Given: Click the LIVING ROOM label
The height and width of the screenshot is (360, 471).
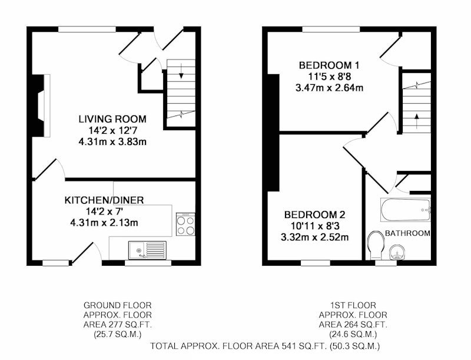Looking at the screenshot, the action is (112, 119).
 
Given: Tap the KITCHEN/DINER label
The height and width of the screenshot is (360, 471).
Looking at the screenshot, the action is (104, 200).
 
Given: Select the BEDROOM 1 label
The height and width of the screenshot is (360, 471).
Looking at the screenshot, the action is (329, 65).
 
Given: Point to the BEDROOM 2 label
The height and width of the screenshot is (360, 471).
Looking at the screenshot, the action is (314, 214).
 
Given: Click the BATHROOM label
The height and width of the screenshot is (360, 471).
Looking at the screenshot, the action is (407, 233).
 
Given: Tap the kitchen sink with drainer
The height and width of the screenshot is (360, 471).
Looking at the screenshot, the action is (148, 250).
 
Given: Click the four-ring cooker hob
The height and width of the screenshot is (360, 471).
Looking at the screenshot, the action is (185, 224).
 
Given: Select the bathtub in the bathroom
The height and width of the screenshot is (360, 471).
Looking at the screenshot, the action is (406, 210).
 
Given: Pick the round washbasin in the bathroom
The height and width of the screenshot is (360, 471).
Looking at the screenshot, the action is (397, 252).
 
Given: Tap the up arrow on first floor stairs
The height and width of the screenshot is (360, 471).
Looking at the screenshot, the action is (417, 121).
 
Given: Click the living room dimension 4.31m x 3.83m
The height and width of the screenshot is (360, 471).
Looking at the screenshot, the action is (112, 142).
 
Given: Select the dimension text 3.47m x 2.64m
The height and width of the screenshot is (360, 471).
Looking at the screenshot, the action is (329, 88).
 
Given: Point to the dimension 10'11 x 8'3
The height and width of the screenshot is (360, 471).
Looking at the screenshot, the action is (314, 226).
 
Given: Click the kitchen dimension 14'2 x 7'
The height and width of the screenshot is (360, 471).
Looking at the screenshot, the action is (104, 212).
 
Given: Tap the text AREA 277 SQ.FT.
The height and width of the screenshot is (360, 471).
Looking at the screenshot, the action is (117, 325).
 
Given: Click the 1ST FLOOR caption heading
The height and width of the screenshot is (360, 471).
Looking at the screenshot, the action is (353, 305).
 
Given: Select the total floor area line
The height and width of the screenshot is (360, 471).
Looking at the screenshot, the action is (265, 346).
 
